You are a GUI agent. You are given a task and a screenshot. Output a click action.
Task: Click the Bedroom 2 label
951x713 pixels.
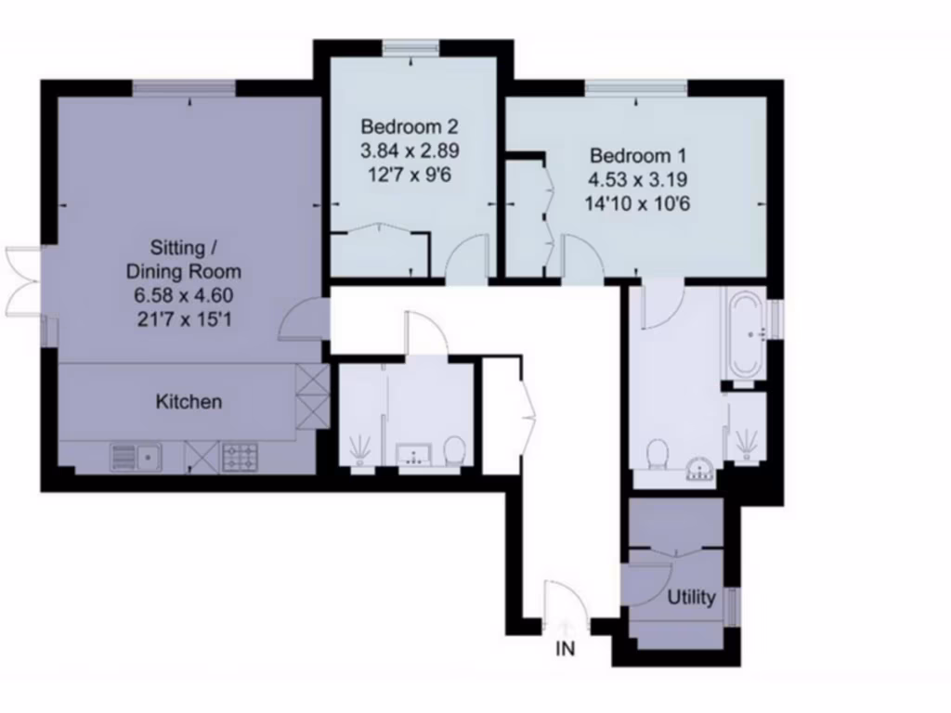410,126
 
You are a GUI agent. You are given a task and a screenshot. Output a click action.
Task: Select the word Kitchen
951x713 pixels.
189,402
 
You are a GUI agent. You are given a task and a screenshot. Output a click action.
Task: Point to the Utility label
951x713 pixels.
692,597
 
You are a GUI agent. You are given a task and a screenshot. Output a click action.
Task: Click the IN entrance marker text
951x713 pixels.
566,650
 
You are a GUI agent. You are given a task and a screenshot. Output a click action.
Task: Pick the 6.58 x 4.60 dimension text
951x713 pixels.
184,297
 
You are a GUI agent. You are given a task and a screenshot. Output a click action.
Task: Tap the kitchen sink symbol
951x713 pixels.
136,456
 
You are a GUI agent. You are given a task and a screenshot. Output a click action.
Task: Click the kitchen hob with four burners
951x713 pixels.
241,457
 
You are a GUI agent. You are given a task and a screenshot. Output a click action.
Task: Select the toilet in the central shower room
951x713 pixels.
455,451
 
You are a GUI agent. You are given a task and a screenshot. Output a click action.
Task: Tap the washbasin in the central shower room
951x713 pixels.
413,454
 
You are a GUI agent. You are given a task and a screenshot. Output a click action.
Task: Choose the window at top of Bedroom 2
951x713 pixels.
411,47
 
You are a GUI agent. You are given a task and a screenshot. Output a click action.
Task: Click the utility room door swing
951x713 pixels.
650,585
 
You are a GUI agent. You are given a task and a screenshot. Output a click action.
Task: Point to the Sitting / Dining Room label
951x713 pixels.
184,260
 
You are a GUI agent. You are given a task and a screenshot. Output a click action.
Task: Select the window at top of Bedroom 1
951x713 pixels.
636,87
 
